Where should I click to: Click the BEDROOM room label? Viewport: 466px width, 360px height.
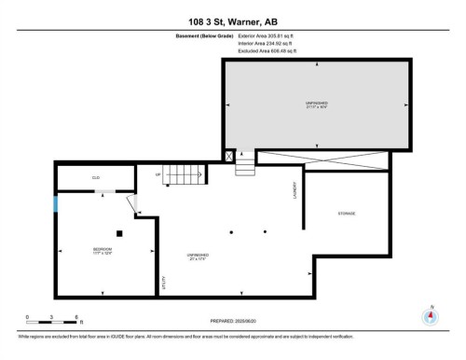102,250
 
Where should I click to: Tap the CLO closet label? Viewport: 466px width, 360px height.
95,177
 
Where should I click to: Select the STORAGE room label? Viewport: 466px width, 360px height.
346,214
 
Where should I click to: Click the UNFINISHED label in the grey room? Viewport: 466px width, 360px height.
316,102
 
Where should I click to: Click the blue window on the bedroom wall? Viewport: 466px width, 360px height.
56,202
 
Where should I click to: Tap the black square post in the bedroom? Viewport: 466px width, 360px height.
118,233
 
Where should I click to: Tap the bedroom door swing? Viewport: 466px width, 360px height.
131,204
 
